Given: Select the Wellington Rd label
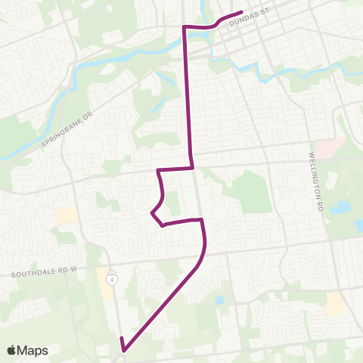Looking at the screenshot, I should coord(315,171).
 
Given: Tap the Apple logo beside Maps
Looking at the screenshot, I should coord(11,350).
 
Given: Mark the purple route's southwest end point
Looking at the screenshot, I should coord(122,349).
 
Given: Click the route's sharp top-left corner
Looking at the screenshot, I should coord(184,27).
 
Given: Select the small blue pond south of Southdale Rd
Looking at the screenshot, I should coord(219,300).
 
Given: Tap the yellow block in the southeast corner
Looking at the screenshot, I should coord(336,303).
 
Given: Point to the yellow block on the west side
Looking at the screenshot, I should coord(67,216).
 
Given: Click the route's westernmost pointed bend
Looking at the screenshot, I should coord(152,213).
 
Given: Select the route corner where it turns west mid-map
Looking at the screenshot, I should coord(193,168).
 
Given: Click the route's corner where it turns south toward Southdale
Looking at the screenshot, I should coord(202,220).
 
